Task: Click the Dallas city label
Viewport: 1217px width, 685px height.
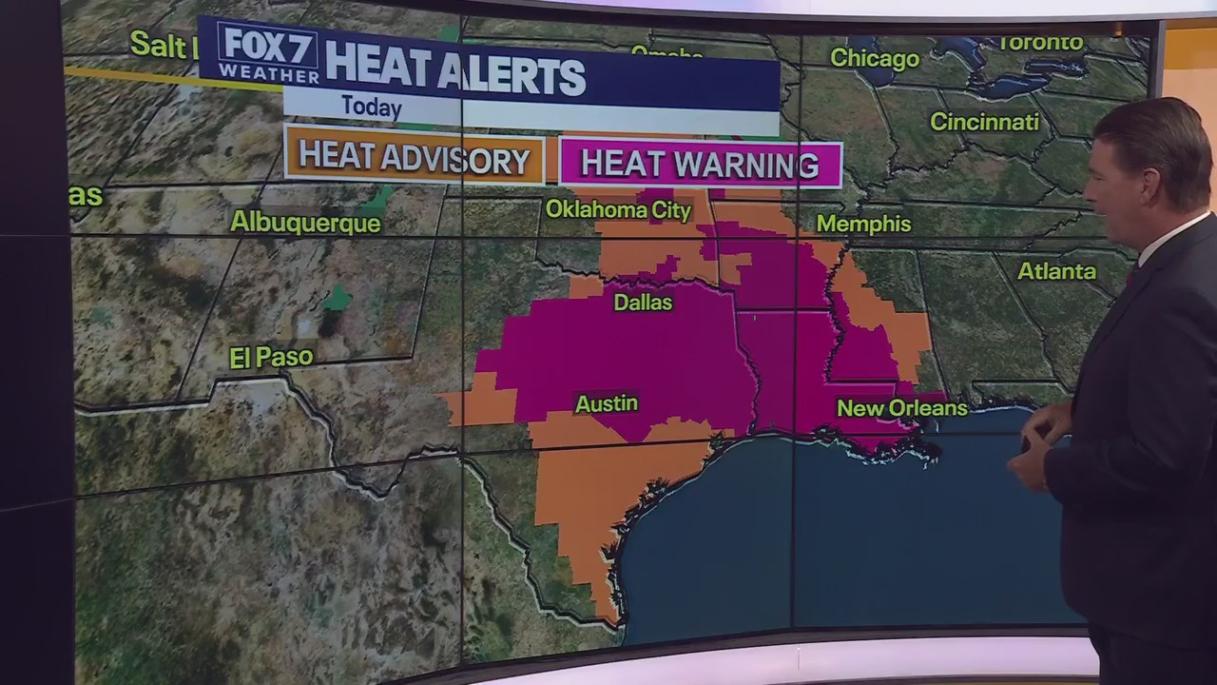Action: [x=643, y=303]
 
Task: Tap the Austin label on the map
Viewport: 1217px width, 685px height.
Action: [x=607, y=403]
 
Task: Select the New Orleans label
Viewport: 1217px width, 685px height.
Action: [x=901, y=408]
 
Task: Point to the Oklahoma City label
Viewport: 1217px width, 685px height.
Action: [x=618, y=209]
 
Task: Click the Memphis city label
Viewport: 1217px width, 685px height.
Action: [x=863, y=224]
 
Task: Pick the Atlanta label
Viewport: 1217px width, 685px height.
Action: [x=1056, y=271]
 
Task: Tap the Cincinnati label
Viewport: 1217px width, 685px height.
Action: [x=984, y=122]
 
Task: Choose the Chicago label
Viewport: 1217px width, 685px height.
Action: [x=875, y=59]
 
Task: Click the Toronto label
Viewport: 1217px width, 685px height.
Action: [x=1040, y=43]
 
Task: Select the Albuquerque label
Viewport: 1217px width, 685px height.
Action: [x=305, y=223]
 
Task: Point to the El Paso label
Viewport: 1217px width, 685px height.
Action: [x=271, y=358]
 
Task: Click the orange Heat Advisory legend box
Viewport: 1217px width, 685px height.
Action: [x=415, y=159]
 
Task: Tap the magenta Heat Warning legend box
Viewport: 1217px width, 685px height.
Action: [x=700, y=164]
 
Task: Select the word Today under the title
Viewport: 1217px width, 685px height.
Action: [x=372, y=107]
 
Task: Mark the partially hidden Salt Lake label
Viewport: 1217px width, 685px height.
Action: [x=162, y=44]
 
